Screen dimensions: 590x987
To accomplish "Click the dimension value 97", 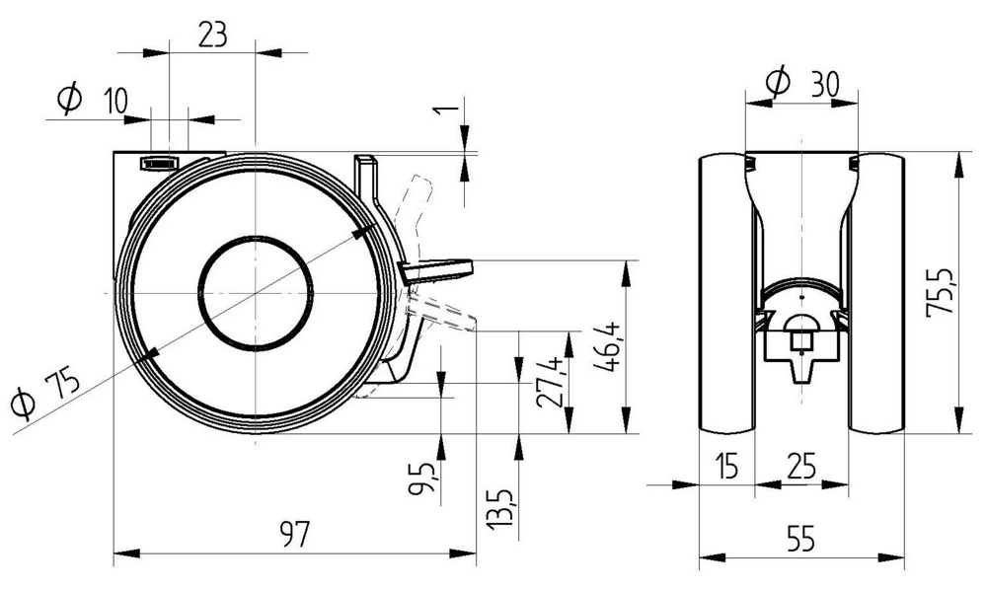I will (294, 535).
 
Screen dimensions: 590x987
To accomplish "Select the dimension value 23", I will (212, 34).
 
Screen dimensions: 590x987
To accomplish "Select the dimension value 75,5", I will (941, 291).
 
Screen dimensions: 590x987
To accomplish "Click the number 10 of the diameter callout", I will (114, 99).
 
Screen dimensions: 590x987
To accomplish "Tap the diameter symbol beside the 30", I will (779, 81).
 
